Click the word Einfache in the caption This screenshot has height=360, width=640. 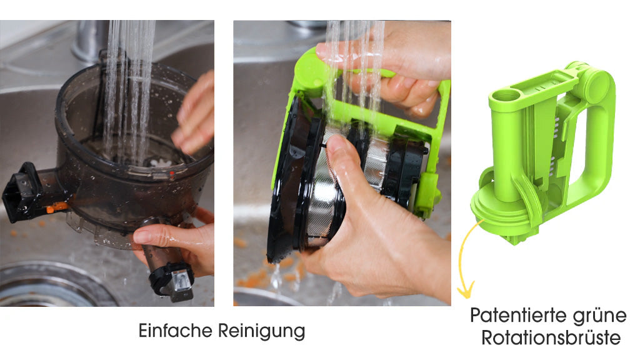pos(176,330)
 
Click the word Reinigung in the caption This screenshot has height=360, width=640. pos(262,331)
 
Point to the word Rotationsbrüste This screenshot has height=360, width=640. pos(551,338)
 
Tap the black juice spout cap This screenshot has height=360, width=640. pos(21,192)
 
